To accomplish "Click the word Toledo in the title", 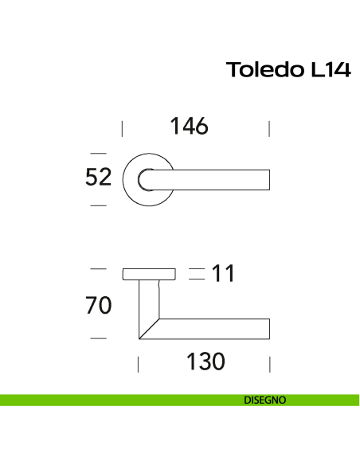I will [x=261, y=70].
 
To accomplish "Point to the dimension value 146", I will [x=190, y=127].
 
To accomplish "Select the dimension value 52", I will [x=98, y=178].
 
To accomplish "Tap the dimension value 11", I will [x=224, y=275].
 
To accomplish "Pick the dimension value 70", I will [x=99, y=305].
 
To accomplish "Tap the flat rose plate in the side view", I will [x=149, y=275].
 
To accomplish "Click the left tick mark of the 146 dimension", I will [x=122, y=128].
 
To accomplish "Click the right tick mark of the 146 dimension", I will [x=270, y=128].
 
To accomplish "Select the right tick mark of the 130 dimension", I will [x=270, y=364].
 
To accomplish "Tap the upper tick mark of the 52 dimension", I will [x=98, y=152].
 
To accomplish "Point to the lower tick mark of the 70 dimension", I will [x=98, y=339].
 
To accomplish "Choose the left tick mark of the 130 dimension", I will [x=139, y=364].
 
